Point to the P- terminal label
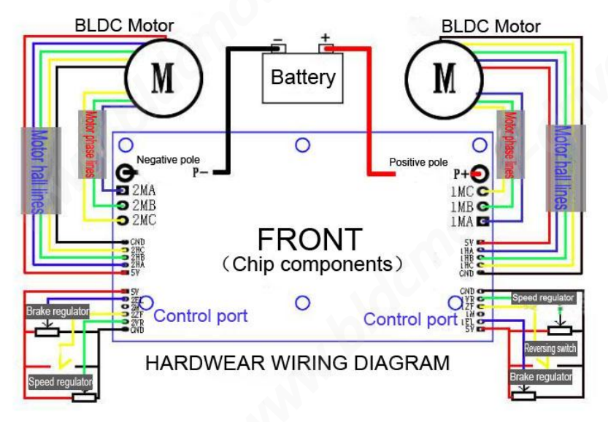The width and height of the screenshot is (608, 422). click(x=201, y=173)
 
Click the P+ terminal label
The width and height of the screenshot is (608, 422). click(x=462, y=174)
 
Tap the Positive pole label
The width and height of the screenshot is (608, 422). click(x=418, y=162)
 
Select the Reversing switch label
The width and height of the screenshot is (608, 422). click(x=550, y=348)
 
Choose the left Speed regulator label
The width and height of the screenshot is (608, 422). click(x=61, y=381)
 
